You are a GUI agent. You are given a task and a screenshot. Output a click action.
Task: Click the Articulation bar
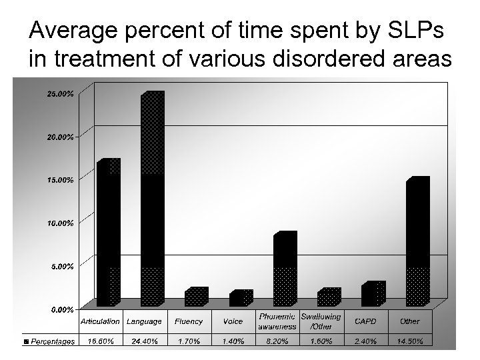(x=108, y=233)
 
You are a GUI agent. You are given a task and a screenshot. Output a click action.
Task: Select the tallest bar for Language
(x=152, y=200)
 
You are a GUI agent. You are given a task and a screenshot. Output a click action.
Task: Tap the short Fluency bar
(x=196, y=298)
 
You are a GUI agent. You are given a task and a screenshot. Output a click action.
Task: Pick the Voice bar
(x=240, y=299)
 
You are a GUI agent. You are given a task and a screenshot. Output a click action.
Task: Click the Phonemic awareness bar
(x=285, y=270)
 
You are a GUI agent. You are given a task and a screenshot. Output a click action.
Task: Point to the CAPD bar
(x=373, y=295)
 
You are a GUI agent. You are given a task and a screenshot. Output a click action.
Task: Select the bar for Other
(x=417, y=243)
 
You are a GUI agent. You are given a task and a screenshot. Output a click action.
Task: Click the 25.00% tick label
(x=60, y=94)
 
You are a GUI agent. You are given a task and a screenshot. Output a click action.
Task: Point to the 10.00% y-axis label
(x=60, y=223)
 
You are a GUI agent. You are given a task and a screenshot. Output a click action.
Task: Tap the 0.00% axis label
(x=62, y=309)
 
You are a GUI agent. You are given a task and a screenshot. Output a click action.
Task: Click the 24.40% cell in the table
(x=144, y=341)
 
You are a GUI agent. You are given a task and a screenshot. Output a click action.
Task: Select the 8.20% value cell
(x=277, y=341)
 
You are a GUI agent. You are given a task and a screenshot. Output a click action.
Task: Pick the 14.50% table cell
(x=409, y=341)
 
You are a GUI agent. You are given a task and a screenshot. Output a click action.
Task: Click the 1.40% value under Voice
(x=233, y=341)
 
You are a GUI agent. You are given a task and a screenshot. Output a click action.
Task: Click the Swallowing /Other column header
(x=321, y=321)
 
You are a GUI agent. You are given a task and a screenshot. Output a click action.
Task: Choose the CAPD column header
(x=365, y=321)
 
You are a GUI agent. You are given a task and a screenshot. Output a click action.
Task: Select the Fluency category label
(x=189, y=321)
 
